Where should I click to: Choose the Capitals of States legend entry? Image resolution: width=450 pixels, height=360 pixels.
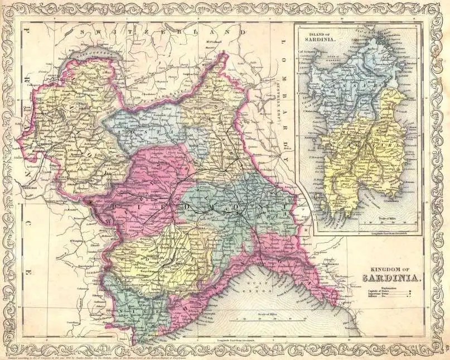point(379,291)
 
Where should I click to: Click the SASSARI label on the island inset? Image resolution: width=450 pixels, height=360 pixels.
point(357,84)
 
